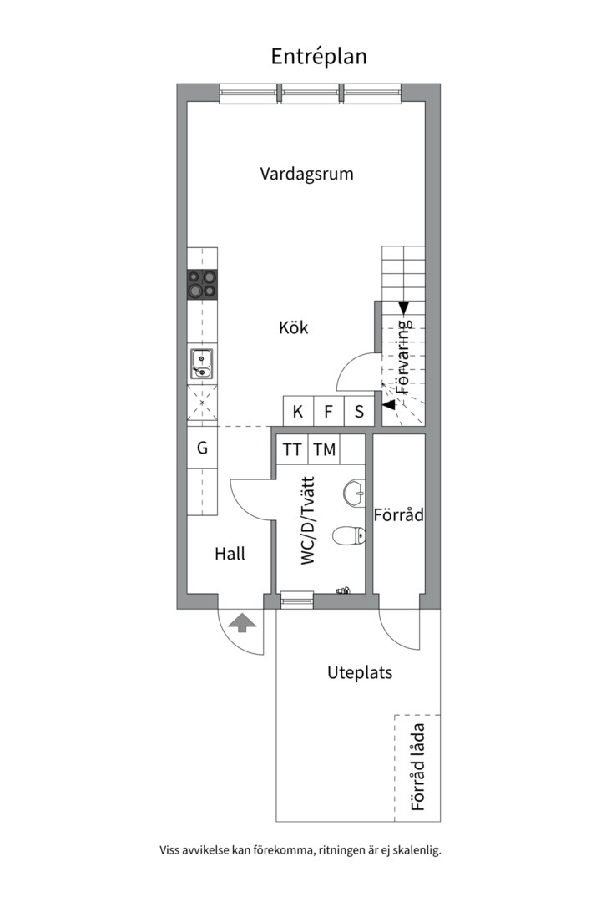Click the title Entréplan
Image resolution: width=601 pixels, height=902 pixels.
point(318,56)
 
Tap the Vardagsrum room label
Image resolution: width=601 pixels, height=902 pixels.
point(306,175)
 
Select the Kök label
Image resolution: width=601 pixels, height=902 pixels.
point(293,327)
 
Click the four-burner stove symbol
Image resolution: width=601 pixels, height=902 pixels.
point(202,284)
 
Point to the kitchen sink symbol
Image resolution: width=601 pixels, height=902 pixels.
point(202,364)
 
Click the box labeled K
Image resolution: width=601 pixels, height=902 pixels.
point(298,411)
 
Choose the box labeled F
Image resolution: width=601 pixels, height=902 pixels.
point(329,411)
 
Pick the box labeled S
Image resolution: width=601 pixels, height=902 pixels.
point(359,411)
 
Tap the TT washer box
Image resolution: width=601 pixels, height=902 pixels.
point(292,450)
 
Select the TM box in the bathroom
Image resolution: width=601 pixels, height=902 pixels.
point(324,450)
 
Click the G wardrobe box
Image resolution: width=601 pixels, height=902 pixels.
point(202,448)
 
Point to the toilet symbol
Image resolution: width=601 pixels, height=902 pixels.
point(347,535)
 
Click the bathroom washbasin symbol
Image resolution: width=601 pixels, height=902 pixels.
point(356,492)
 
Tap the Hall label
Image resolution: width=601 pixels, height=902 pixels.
point(230,553)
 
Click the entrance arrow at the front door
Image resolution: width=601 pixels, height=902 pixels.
point(241,622)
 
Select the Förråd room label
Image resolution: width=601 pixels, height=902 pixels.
point(399,515)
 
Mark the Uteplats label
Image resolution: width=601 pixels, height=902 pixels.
point(360,672)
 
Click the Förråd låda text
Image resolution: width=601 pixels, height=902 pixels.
point(418,768)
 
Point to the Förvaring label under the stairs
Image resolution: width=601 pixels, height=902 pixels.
point(404,357)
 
